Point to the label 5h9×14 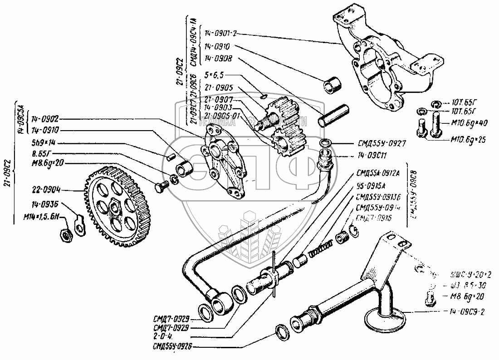click(x=44, y=142)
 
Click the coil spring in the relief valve click(x=322, y=248)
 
